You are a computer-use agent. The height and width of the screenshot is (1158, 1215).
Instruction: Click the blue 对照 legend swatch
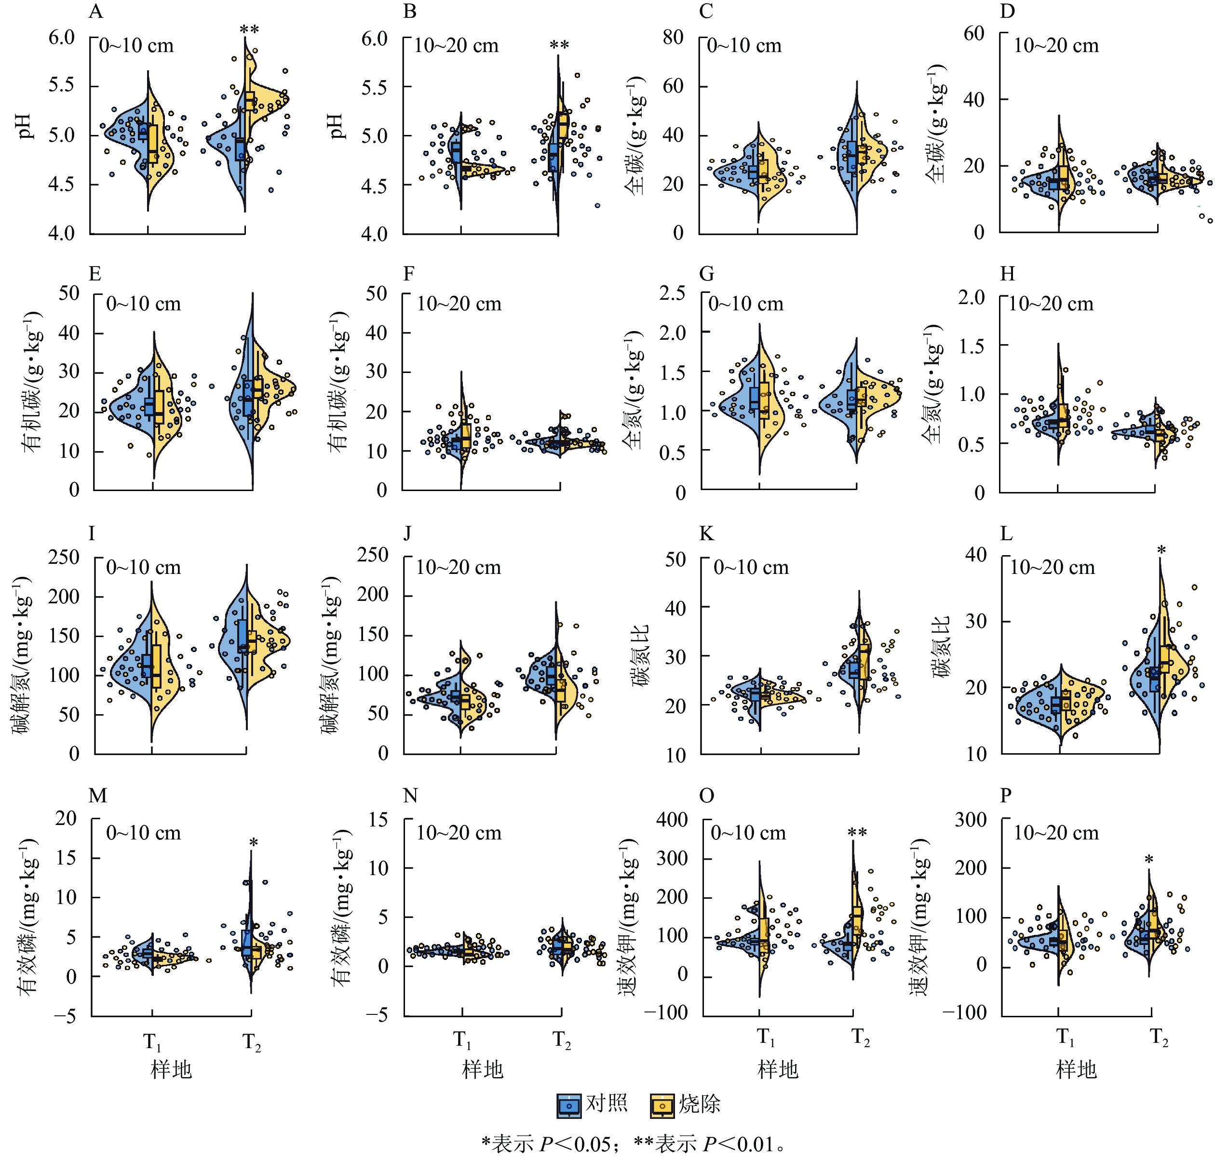[x=568, y=1105]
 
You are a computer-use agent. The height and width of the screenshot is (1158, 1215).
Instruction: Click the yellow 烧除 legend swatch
[x=662, y=1105]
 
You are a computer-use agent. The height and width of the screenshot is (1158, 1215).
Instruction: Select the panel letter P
[x=1006, y=796]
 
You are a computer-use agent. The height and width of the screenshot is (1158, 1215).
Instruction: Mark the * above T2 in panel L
[x=1161, y=550]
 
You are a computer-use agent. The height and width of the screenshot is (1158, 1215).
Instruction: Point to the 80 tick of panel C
[x=673, y=37]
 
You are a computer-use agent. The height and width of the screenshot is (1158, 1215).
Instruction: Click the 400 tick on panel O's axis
[x=672, y=820]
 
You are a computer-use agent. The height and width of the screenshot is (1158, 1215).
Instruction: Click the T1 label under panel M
[x=152, y=1042]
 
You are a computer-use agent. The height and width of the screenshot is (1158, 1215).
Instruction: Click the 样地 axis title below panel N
[x=483, y=1069]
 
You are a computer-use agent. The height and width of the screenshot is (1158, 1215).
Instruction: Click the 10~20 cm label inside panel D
[x=1056, y=46]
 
